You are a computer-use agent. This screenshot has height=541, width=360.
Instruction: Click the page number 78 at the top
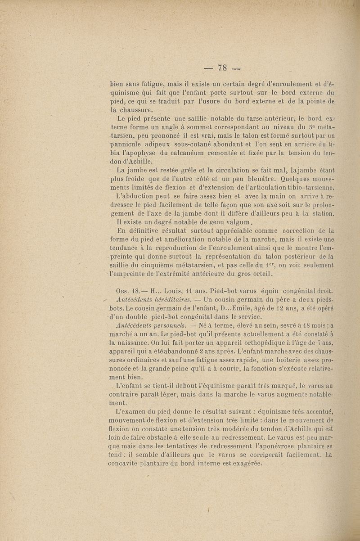pyautogui.click(x=222, y=68)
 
